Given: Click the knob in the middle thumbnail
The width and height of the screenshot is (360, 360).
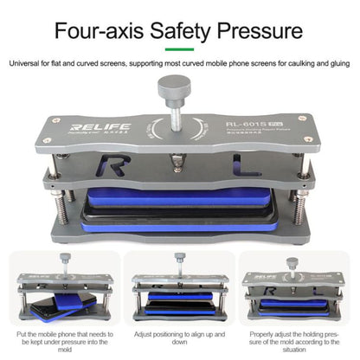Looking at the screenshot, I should [179, 257].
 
